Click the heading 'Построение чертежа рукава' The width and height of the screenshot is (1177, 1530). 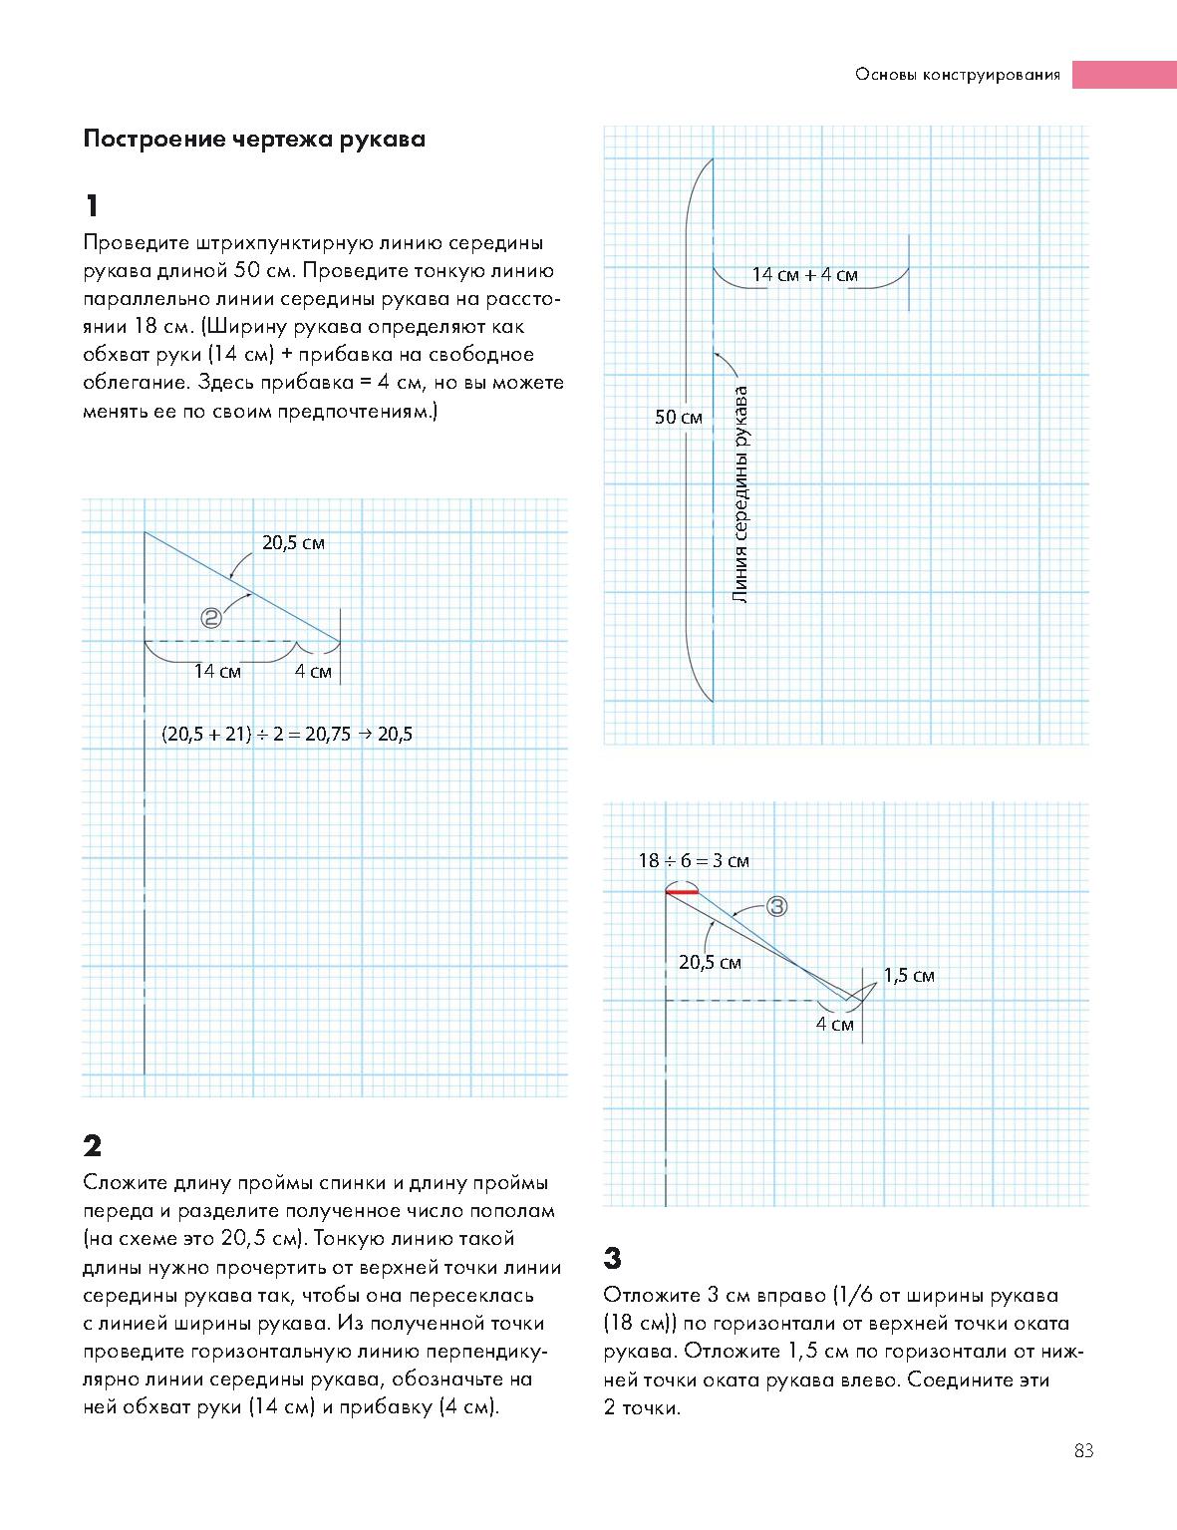pyautogui.click(x=254, y=139)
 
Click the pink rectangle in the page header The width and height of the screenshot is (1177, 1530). pyautogui.click(x=1124, y=75)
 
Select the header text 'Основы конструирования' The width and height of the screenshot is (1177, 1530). pyautogui.click(x=957, y=75)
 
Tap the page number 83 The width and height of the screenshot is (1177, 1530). pyautogui.click(x=1084, y=1451)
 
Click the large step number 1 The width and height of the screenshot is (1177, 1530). pyautogui.click(x=93, y=206)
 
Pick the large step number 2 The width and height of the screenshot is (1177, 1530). pyautogui.click(x=93, y=1145)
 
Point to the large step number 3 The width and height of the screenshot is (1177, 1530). pyautogui.click(x=613, y=1259)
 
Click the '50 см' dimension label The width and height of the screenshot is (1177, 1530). pyautogui.click(x=679, y=418)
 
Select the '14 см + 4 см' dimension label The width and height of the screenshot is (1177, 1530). pyautogui.click(x=804, y=275)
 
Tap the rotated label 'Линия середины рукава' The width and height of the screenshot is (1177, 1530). pyautogui.click(x=739, y=494)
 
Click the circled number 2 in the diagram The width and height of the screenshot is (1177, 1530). pyautogui.click(x=211, y=618)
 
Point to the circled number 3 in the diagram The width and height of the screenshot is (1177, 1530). pyautogui.click(x=777, y=906)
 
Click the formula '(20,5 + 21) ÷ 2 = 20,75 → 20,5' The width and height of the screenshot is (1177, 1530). pyautogui.click(x=287, y=735)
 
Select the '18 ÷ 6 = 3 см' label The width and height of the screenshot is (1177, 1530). pyautogui.click(x=694, y=860)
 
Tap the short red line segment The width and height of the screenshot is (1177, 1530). pyautogui.click(x=683, y=891)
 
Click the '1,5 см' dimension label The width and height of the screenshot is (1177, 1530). pyautogui.click(x=909, y=976)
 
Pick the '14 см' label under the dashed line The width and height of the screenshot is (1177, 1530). pyautogui.click(x=217, y=672)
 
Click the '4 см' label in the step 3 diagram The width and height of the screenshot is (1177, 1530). pyautogui.click(x=835, y=1025)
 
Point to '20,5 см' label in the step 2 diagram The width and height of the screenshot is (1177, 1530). pyautogui.click(x=293, y=543)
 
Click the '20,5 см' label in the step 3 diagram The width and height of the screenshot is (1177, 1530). pyautogui.click(x=710, y=963)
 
